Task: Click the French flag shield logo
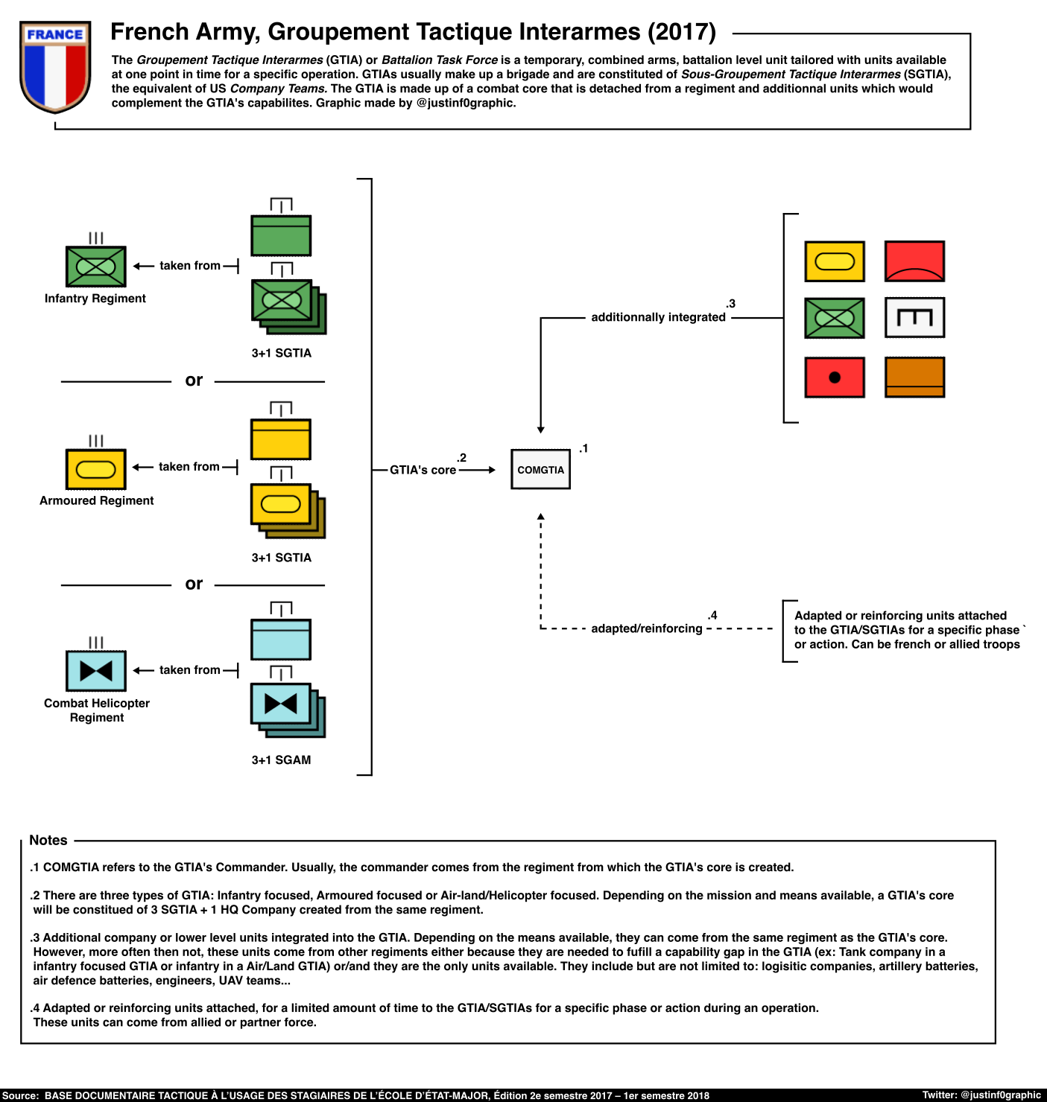55,66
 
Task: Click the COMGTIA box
540,470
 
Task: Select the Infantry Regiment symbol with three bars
96,266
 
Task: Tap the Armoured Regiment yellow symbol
96,469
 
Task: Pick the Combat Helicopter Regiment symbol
96,671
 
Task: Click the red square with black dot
835,378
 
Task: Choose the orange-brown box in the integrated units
914,378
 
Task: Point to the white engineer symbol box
914,318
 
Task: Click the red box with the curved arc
914,261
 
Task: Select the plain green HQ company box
281,235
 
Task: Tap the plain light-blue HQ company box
281,639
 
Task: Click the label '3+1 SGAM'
281,760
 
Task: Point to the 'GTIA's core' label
423,470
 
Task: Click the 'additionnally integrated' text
658,317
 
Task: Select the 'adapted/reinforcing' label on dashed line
646,628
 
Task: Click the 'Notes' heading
48,841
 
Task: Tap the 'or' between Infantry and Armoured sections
194,380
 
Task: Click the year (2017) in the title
681,32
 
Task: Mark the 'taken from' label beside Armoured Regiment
189,467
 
